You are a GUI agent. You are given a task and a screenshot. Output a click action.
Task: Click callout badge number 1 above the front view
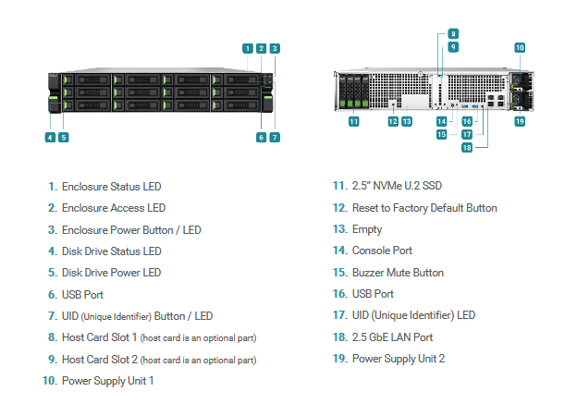[248, 49]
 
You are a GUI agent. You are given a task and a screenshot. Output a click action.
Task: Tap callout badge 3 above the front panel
[275, 49]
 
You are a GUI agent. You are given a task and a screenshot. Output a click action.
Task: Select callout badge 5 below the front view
[64, 138]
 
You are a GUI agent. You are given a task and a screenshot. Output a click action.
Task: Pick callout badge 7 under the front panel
[275, 138]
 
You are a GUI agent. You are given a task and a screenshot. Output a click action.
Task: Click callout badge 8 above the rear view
[453, 34]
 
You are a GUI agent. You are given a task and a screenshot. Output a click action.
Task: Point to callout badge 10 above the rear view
[520, 47]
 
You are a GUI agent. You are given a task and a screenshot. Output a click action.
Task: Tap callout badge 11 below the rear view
[353, 121]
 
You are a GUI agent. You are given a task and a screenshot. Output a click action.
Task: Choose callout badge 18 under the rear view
[467, 148]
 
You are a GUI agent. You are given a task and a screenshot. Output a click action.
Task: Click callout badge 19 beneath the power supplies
[520, 121]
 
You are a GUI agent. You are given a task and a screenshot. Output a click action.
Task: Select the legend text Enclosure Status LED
[112, 187]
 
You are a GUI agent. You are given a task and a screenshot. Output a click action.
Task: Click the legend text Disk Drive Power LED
[112, 273]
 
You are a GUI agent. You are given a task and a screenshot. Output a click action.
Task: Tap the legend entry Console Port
[382, 251]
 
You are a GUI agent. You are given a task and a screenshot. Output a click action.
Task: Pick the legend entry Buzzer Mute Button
[398, 273]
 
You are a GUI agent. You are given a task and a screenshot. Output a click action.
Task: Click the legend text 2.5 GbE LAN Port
[392, 337]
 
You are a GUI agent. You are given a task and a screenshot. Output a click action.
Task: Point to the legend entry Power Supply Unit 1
[108, 381]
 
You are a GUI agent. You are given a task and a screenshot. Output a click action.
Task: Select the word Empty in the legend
[367, 229]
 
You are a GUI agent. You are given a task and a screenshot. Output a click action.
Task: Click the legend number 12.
[340, 208]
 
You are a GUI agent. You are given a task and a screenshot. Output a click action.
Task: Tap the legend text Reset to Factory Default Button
[424, 208]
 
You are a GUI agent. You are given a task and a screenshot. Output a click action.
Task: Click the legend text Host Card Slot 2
[100, 360]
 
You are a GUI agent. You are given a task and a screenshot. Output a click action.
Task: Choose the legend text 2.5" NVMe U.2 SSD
[397, 186]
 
